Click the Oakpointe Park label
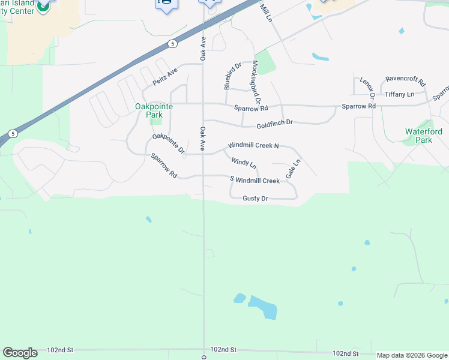[x=154, y=110]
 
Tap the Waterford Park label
[x=423, y=136]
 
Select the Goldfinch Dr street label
[x=274, y=122]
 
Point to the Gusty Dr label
[x=255, y=199]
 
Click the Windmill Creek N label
[x=253, y=146]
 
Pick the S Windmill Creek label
[x=255, y=180]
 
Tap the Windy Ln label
[x=244, y=162]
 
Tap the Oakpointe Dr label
[x=168, y=145]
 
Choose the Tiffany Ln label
[x=399, y=94]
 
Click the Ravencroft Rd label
[x=405, y=80]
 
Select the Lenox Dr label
[x=367, y=88]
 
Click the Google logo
[x=20, y=353]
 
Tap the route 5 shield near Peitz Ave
[x=172, y=43]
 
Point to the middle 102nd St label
[x=223, y=349]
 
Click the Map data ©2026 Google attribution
[x=412, y=355]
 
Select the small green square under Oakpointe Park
[x=156, y=121]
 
